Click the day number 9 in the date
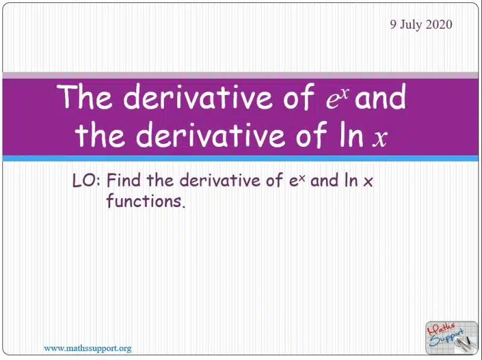tap(393, 25)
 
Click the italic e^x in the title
tap(338, 98)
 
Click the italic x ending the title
tap(380, 138)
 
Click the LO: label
tap(86, 181)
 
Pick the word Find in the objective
tap(124, 181)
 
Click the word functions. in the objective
tap(146, 201)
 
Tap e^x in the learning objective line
tap(297, 180)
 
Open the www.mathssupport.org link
tap(87, 349)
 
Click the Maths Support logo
tap(452, 338)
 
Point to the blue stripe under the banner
tap(240, 158)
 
